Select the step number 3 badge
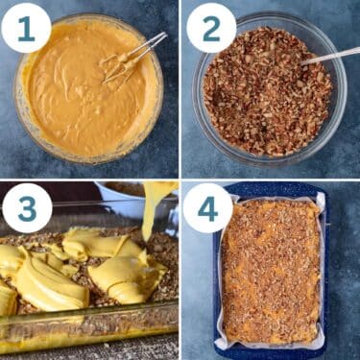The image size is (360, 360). tap(27, 207)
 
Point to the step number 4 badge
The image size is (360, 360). tap(207, 207)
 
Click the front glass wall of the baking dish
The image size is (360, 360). tap(86, 326)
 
